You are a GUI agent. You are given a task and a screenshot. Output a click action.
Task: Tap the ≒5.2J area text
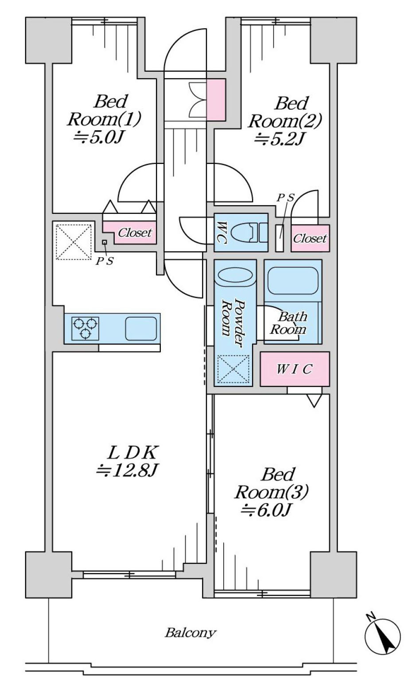(279, 139)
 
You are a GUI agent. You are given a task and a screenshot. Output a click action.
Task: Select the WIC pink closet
(295, 369)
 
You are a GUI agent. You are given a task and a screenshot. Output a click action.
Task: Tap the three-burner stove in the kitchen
(85, 328)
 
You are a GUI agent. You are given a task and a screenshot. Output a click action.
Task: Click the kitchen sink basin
(141, 328)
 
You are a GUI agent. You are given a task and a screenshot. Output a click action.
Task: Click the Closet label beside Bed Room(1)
(135, 233)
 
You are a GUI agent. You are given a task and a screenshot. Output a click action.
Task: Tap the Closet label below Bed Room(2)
(310, 238)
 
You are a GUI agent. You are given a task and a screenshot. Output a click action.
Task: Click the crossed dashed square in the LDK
(74, 242)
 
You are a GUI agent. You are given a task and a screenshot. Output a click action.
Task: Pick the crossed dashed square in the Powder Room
(233, 369)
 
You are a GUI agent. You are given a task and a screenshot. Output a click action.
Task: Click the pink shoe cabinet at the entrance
(216, 100)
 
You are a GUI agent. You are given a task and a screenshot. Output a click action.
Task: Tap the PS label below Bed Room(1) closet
(105, 261)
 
